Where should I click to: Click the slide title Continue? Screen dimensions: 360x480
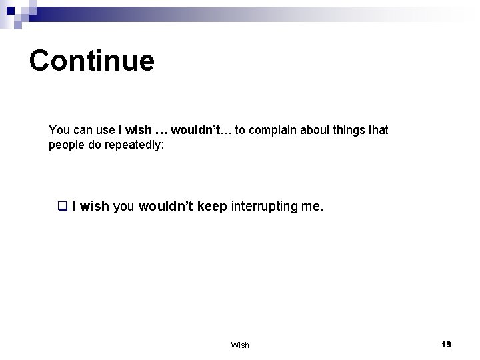pos(92,61)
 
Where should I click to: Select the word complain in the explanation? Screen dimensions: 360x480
pos(273,130)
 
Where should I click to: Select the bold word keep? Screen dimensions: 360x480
pos(212,207)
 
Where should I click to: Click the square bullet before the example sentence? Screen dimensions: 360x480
pos(63,207)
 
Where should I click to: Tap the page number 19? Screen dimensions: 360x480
pos(446,344)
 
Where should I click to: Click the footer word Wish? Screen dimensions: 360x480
pos(240,345)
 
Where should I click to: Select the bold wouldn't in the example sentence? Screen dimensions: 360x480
pos(166,207)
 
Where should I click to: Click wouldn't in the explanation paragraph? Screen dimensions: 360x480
pos(196,130)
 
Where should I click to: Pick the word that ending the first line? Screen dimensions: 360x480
pos(377,130)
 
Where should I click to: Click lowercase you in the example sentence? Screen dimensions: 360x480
pos(123,207)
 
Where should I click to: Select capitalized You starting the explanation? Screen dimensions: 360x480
pos(58,130)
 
